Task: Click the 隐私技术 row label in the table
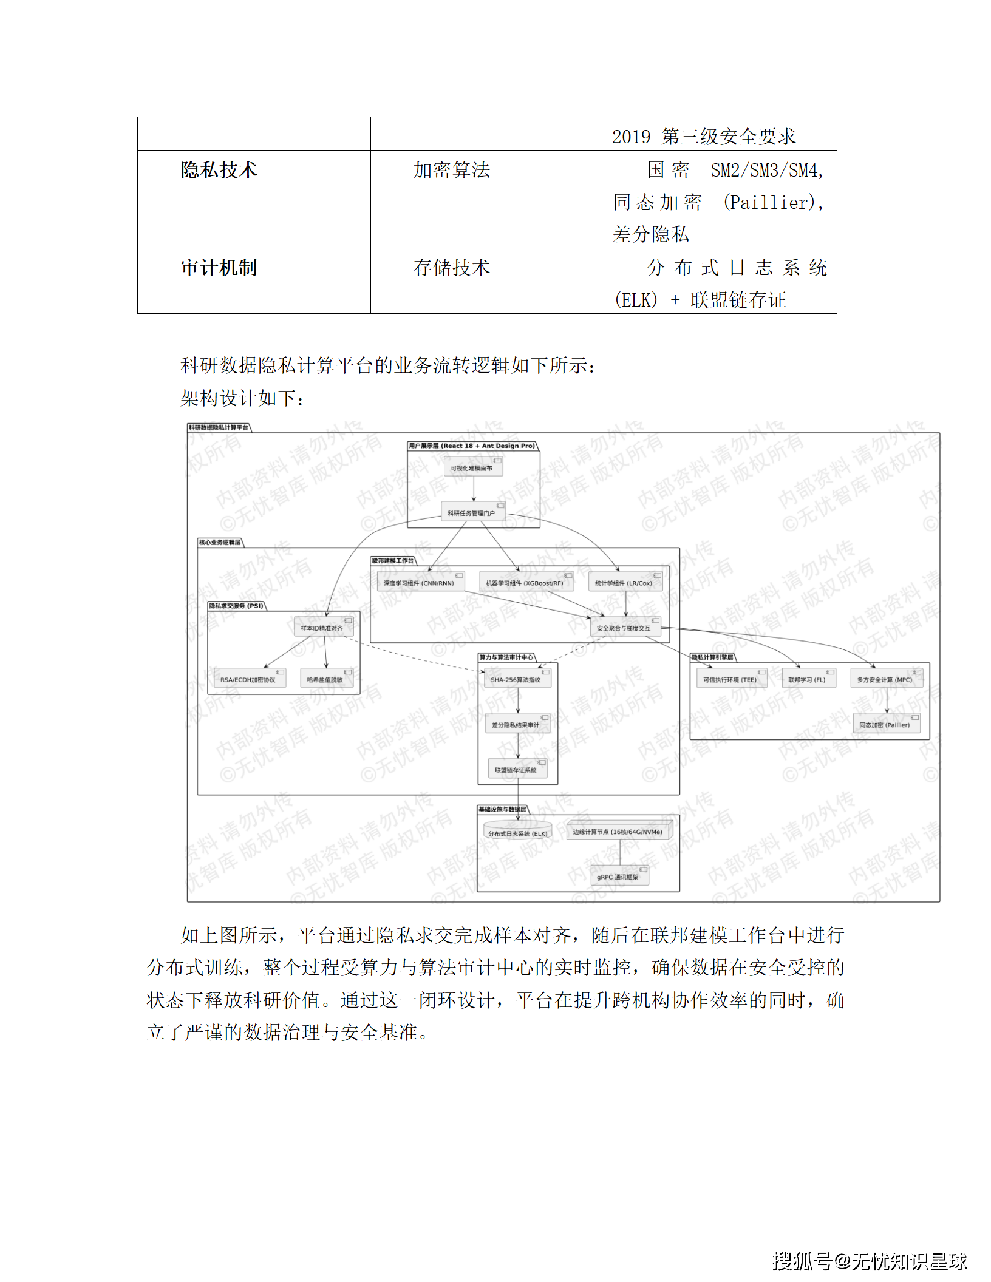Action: click(x=219, y=170)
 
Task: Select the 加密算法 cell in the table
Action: click(x=451, y=170)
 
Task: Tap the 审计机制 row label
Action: click(x=219, y=268)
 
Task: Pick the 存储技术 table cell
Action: click(x=451, y=268)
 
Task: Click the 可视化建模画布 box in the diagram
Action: click(x=472, y=467)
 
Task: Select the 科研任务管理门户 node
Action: click(x=472, y=513)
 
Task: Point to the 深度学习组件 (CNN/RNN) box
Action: click(x=420, y=583)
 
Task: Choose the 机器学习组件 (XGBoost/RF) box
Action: click(x=525, y=583)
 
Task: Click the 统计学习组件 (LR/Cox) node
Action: click(x=625, y=583)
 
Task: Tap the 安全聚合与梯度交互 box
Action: click(x=624, y=628)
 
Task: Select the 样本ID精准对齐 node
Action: click(x=322, y=628)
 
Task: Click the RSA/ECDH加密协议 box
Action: click(x=248, y=679)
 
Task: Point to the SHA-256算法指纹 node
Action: click(x=516, y=679)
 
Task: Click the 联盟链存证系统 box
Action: click(x=517, y=770)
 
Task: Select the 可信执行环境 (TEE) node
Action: click(x=730, y=679)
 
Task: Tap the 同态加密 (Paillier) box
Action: click(x=885, y=725)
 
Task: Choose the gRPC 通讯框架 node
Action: click(x=619, y=877)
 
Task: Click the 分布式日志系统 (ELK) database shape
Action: click(x=518, y=832)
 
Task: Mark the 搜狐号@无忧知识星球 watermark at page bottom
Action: click(x=870, y=1261)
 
